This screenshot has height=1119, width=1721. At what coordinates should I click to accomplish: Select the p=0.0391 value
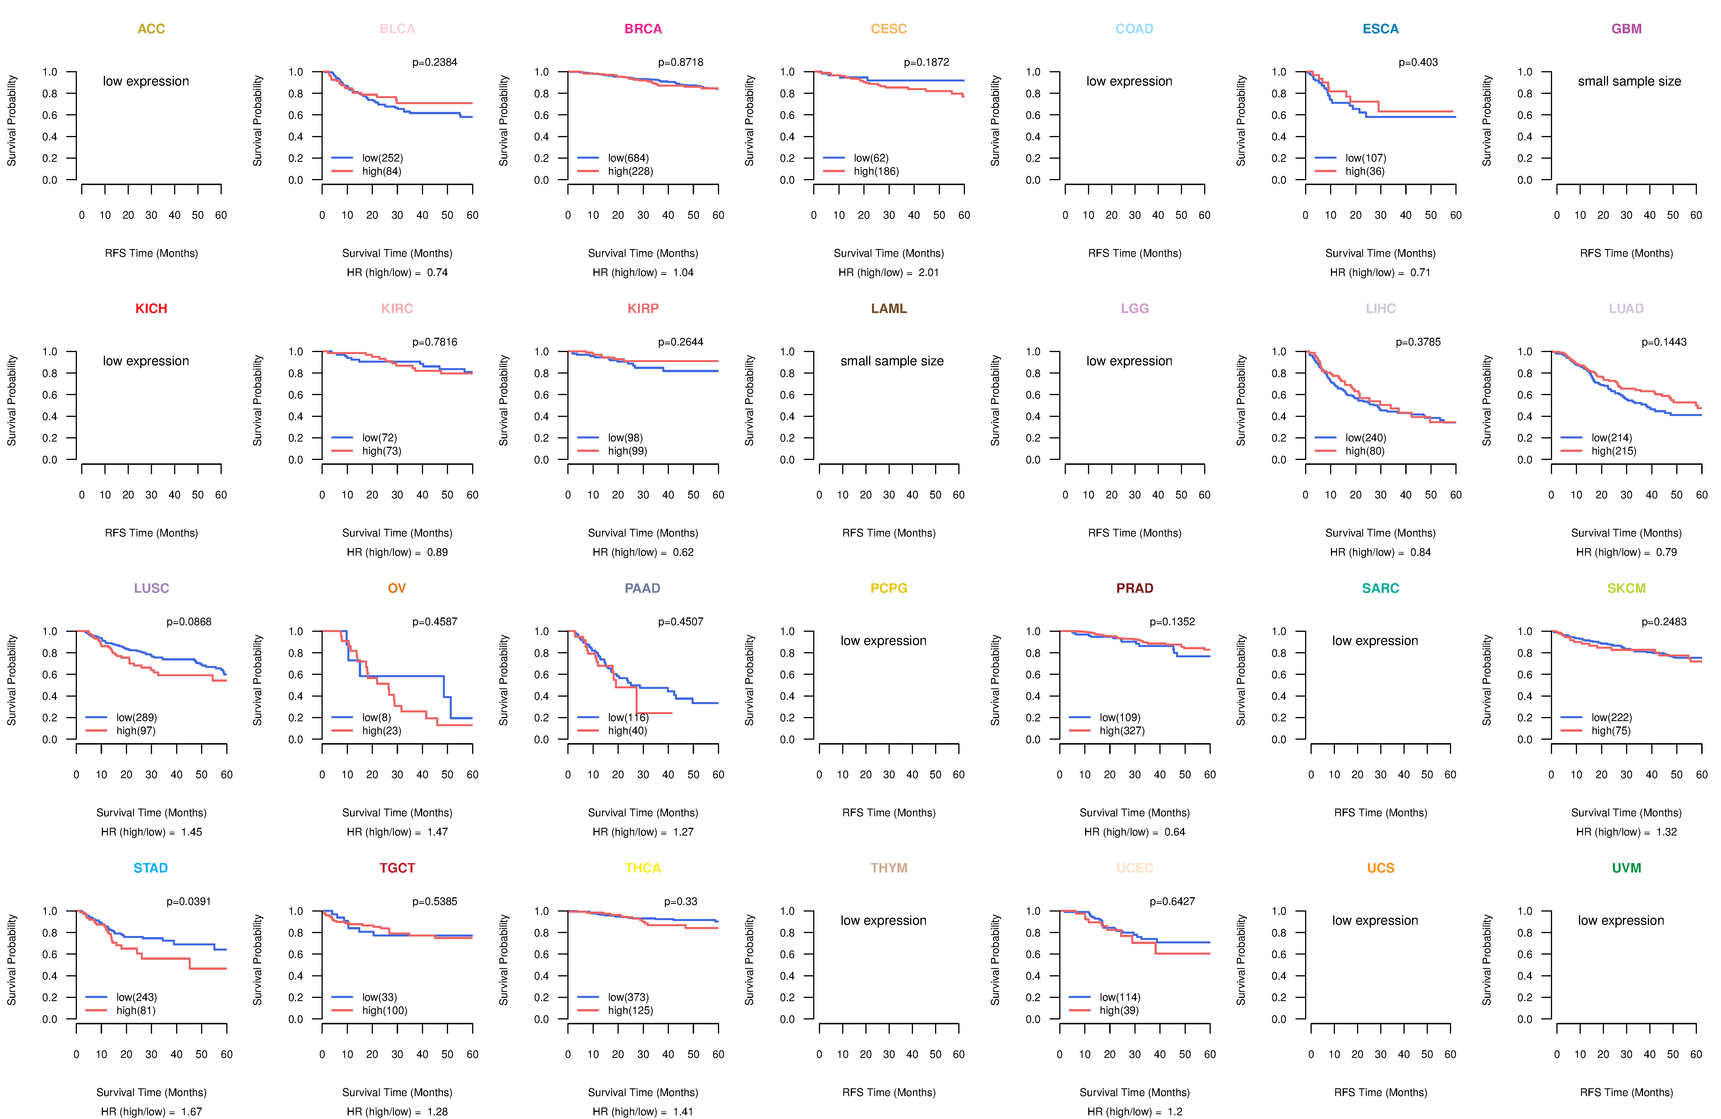(189, 901)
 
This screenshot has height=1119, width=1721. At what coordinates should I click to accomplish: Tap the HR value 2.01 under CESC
(928, 273)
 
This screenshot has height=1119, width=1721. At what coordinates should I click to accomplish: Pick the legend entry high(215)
(1614, 451)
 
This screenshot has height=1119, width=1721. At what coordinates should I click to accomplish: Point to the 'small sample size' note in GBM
(1629, 81)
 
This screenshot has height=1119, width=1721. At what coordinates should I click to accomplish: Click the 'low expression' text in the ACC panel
(146, 81)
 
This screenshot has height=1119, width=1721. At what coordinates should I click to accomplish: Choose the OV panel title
(397, 588)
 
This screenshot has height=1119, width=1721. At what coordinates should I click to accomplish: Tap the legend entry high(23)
(382, 731)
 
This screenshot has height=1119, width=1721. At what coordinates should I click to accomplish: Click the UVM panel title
(1626, 868)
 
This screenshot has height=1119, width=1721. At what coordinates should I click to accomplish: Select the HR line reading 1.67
(151, 1112)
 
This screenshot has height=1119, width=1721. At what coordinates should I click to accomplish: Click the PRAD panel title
(1134, 588)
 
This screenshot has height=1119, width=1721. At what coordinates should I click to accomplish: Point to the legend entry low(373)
(628, 997)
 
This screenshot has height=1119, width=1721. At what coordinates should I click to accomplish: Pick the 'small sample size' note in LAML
(891, 361)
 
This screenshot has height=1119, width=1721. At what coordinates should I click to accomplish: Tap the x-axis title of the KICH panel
(151, 533)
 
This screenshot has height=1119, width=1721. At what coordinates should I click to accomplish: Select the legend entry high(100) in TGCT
(385, 1011)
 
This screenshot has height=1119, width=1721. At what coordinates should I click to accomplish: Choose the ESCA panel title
(1381, 29)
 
